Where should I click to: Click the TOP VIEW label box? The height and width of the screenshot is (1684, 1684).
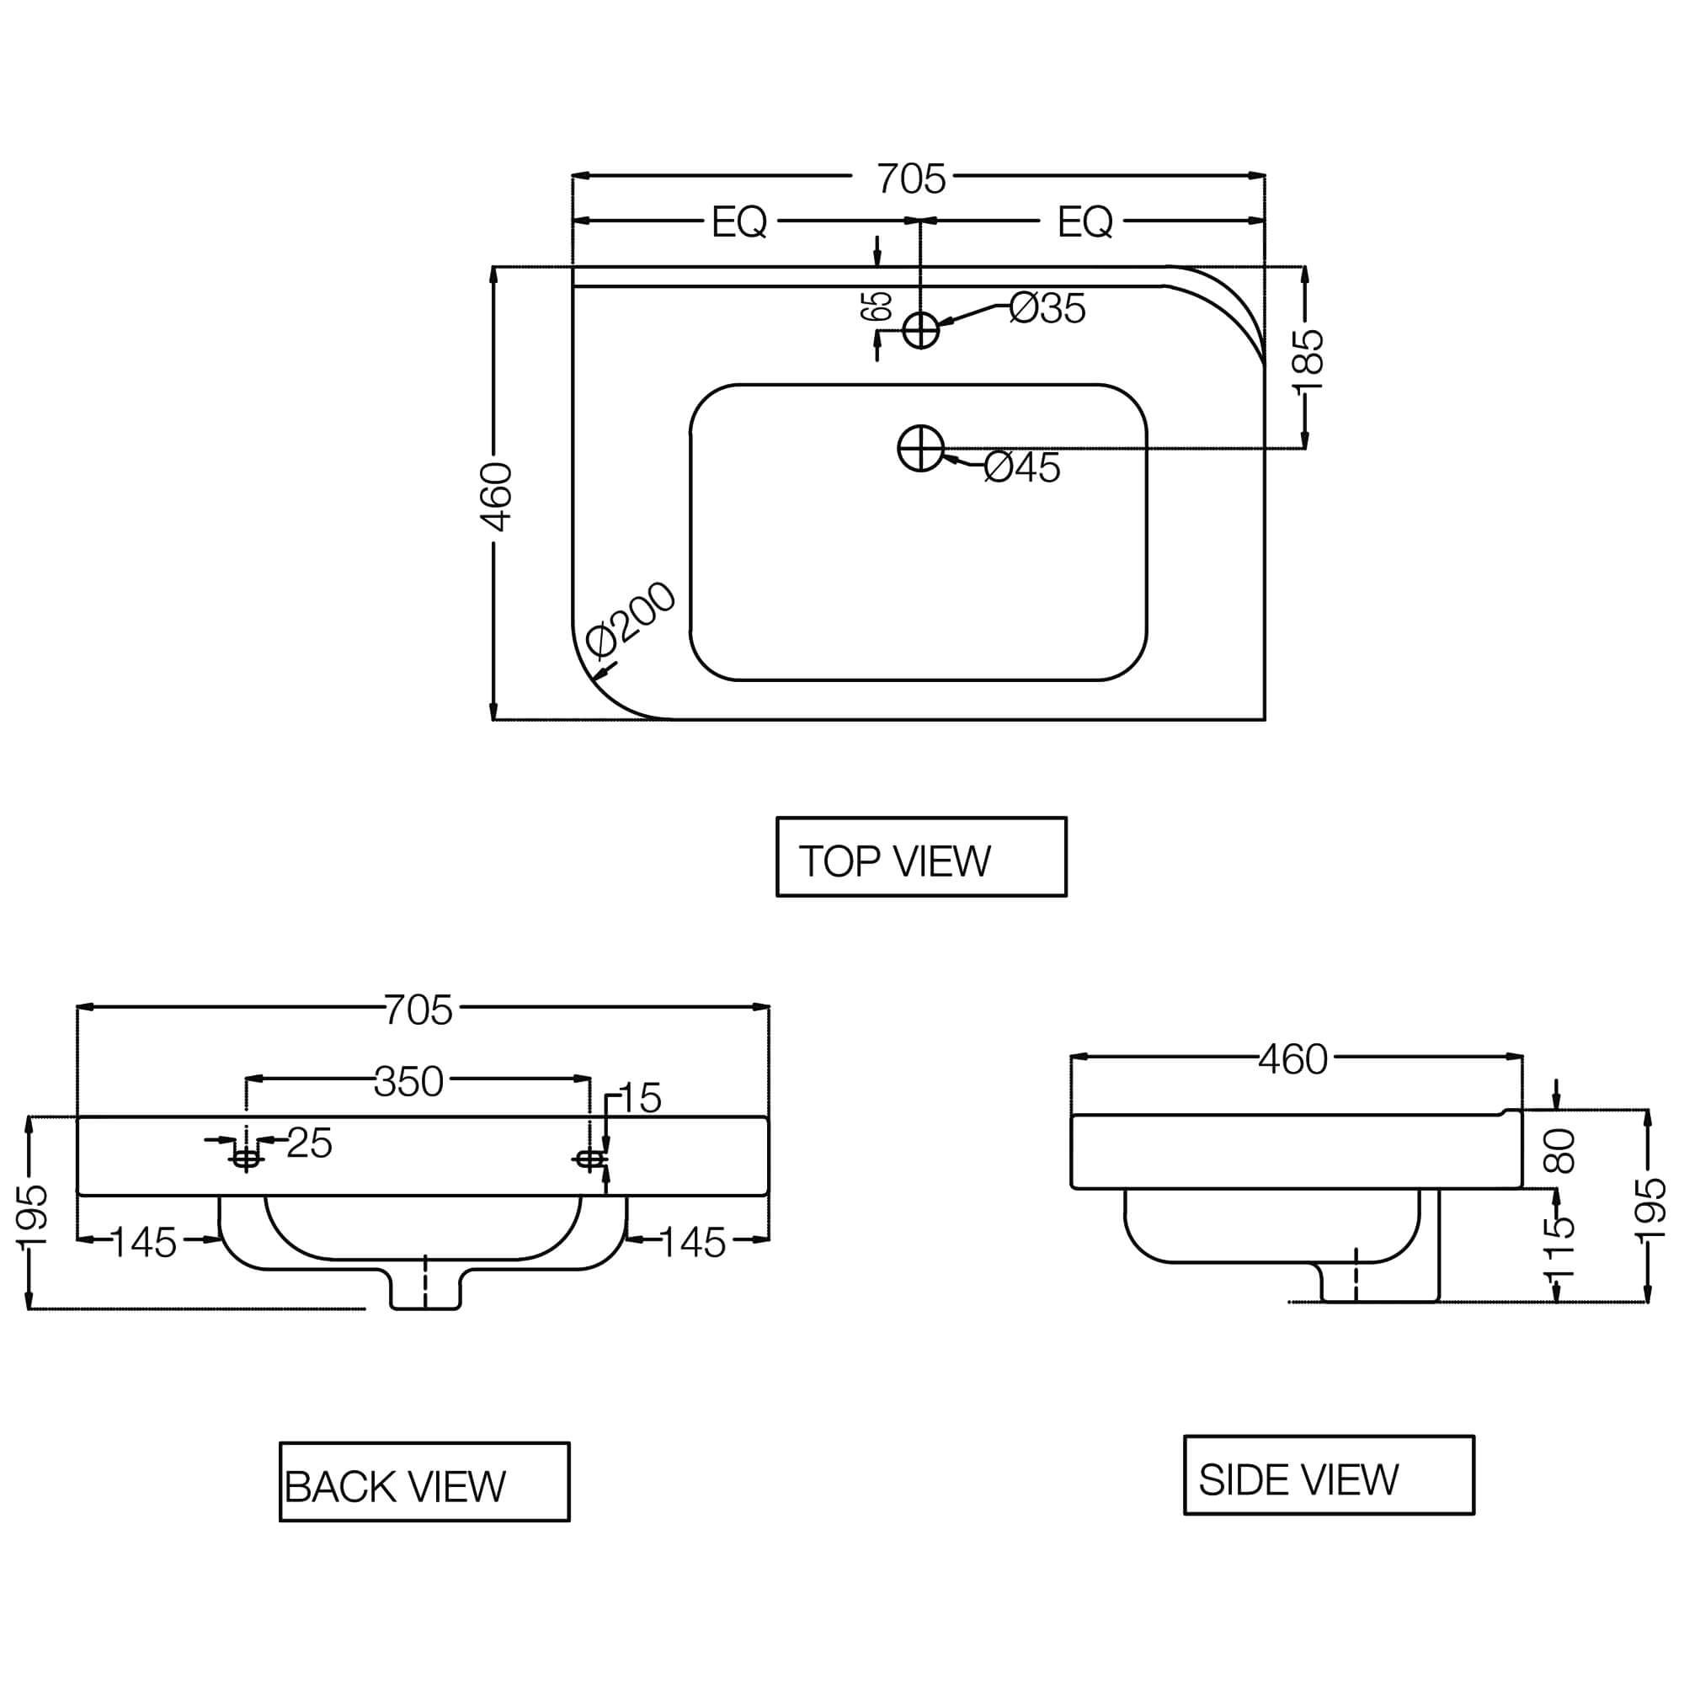920,856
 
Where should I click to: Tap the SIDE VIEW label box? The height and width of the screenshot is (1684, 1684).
1329,1475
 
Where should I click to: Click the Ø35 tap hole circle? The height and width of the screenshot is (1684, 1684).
920,330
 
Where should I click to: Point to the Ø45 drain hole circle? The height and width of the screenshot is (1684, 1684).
920,448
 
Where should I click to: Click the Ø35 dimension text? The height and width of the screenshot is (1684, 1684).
1047,308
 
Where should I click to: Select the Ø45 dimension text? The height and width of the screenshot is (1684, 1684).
1021,468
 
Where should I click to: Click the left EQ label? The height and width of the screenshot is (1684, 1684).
739,222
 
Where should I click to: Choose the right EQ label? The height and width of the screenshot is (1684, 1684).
1084,222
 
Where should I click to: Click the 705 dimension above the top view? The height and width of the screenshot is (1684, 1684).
911,179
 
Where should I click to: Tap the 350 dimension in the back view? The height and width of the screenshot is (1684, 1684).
409,1082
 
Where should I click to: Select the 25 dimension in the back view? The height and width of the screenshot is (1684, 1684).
309,1143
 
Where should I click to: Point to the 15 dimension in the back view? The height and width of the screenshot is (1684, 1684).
641,1098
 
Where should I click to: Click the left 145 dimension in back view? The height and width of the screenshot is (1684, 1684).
144,1243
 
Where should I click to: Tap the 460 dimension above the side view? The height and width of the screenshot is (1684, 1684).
1292,1060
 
